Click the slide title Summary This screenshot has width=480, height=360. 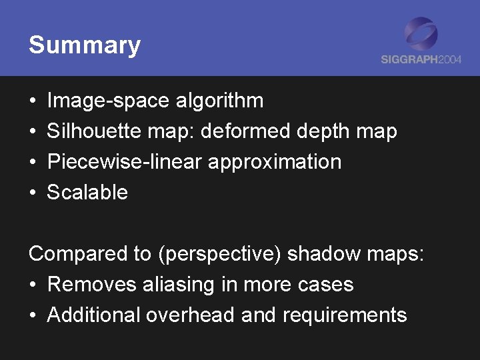(85, 45)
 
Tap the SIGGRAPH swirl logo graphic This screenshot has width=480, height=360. (421, 35)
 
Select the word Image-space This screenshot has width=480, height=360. (108, 101)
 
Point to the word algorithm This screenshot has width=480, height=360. (219, 101)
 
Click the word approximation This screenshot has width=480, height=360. (275, 162)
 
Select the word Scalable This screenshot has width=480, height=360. (87, 193)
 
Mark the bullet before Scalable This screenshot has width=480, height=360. (33, 193)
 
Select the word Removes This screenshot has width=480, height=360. (92, 285)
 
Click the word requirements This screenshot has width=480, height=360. (345, 315)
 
